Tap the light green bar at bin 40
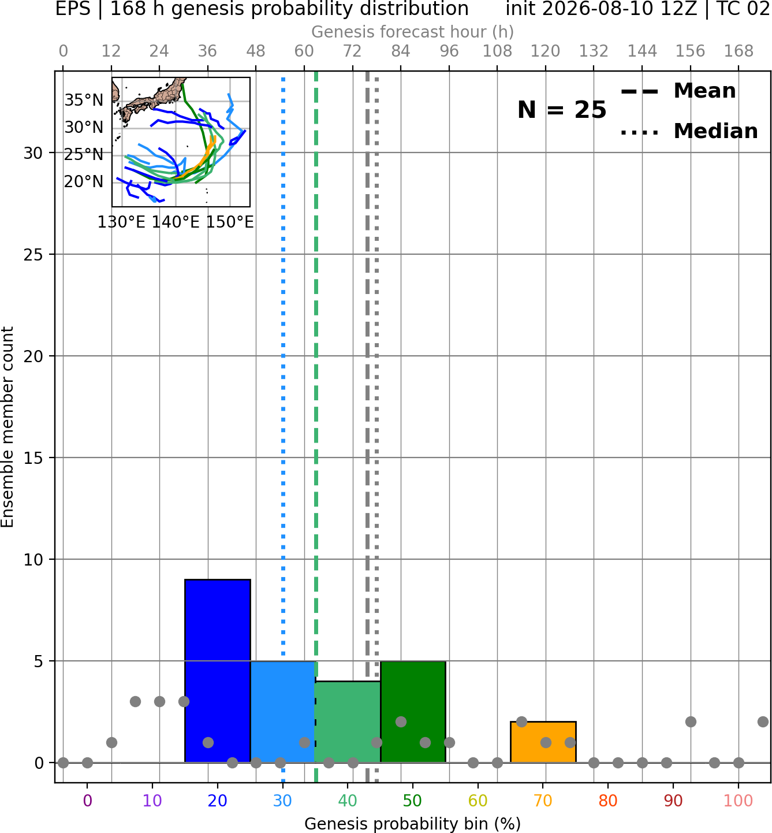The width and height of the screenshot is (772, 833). coord(348,722)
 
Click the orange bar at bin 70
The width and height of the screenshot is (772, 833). coord(543,742)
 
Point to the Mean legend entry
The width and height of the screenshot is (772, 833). coord(678,91)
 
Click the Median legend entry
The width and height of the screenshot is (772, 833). coord(689,131)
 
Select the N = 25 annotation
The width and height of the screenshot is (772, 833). coord(562,110)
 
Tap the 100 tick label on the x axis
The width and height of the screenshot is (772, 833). coord(739,801)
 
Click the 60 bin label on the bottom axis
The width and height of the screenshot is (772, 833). coord(478,801)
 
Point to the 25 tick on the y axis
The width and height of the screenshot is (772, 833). coord(33,255)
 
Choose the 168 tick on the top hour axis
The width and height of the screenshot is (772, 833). coord(739,51)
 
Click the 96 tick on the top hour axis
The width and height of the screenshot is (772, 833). coord(449,51)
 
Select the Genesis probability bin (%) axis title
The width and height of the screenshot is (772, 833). coord(413,824)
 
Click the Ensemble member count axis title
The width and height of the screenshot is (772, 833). coord(8,427)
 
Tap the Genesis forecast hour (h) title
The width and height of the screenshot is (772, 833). coord(413,32)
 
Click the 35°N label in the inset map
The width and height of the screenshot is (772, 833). coord(84,101)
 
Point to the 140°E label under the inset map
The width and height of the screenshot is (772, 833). coord(176,222)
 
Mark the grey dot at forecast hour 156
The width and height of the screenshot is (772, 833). coord(691,722)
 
